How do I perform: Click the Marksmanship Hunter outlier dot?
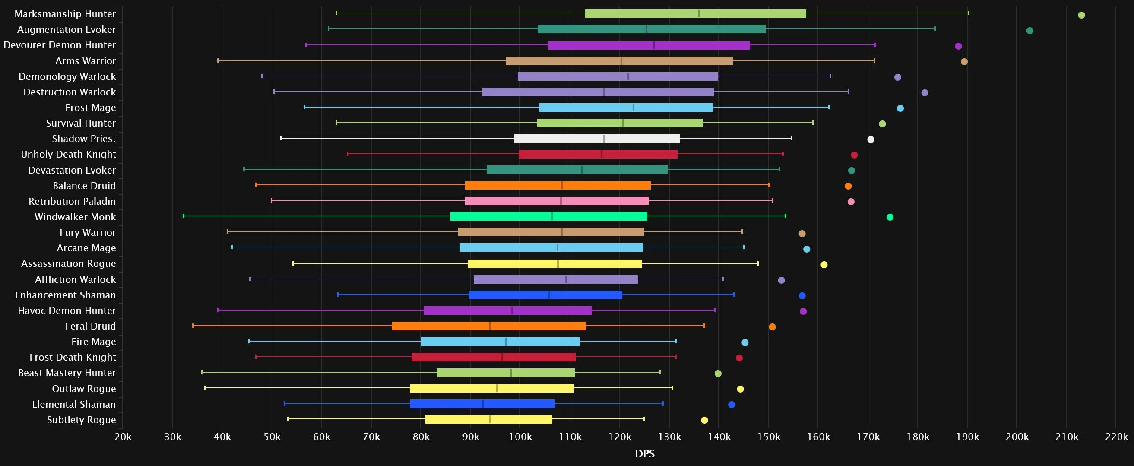coord(1081,15)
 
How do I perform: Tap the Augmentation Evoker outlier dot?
coord(1029,30)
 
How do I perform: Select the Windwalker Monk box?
coord(548,216)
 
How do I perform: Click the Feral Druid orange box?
coord(489,326)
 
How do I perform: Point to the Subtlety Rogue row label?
coord(82,420)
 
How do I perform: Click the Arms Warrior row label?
coord(86,61)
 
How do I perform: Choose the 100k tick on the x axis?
coord(520,437)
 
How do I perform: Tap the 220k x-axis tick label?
coord(1116,437)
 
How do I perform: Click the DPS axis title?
coord(644,453)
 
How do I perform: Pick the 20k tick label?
coord(122,437)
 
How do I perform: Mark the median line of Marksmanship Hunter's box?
coord(699,13)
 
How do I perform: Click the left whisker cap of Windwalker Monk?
coord(184,216)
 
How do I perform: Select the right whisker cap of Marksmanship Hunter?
coord(969,13)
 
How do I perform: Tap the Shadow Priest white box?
coord(597,139)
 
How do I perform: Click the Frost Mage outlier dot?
coord(900,108)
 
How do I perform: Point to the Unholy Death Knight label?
coord(68,154)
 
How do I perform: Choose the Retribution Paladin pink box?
coord(557,201)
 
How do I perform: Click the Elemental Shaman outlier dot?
coord(731,404)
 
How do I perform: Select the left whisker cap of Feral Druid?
coord(193,326)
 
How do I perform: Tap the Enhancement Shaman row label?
coord(65,295)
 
